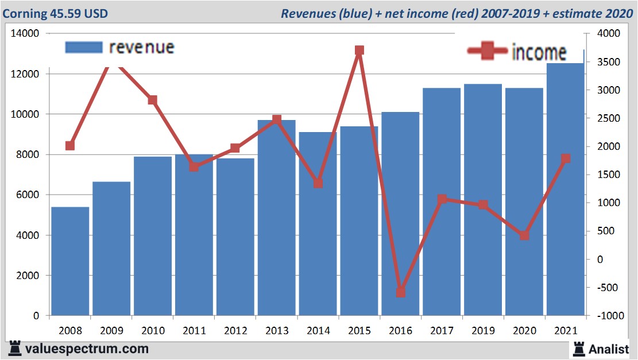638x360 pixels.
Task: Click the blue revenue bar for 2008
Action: tap(70, 261)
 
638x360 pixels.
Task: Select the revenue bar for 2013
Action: tap(276, 218)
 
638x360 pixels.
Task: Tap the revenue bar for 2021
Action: tap(565, 189)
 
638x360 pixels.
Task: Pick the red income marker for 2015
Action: tap(359, 51)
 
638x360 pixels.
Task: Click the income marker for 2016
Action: tap(401, 292)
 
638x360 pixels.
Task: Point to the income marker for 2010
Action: tap(153, 100)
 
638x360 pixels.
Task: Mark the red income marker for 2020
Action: tap(524, 235)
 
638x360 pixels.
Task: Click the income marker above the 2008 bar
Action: tap(70, 146)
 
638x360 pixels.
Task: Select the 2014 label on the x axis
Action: tap(318, 331)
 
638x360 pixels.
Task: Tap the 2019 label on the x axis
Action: tap(483, 331)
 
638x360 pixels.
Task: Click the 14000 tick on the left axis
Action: tap(24, 34)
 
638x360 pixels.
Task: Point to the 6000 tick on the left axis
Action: tap(26, 195)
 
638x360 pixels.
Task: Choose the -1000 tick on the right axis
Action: tap(609, 316)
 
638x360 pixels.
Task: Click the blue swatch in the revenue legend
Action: tap(84, 47)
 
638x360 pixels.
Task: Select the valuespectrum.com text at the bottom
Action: tap(86, 349)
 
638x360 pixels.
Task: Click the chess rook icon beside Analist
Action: tap(578, 349)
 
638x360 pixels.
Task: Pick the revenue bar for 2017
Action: tap(442, 201)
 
